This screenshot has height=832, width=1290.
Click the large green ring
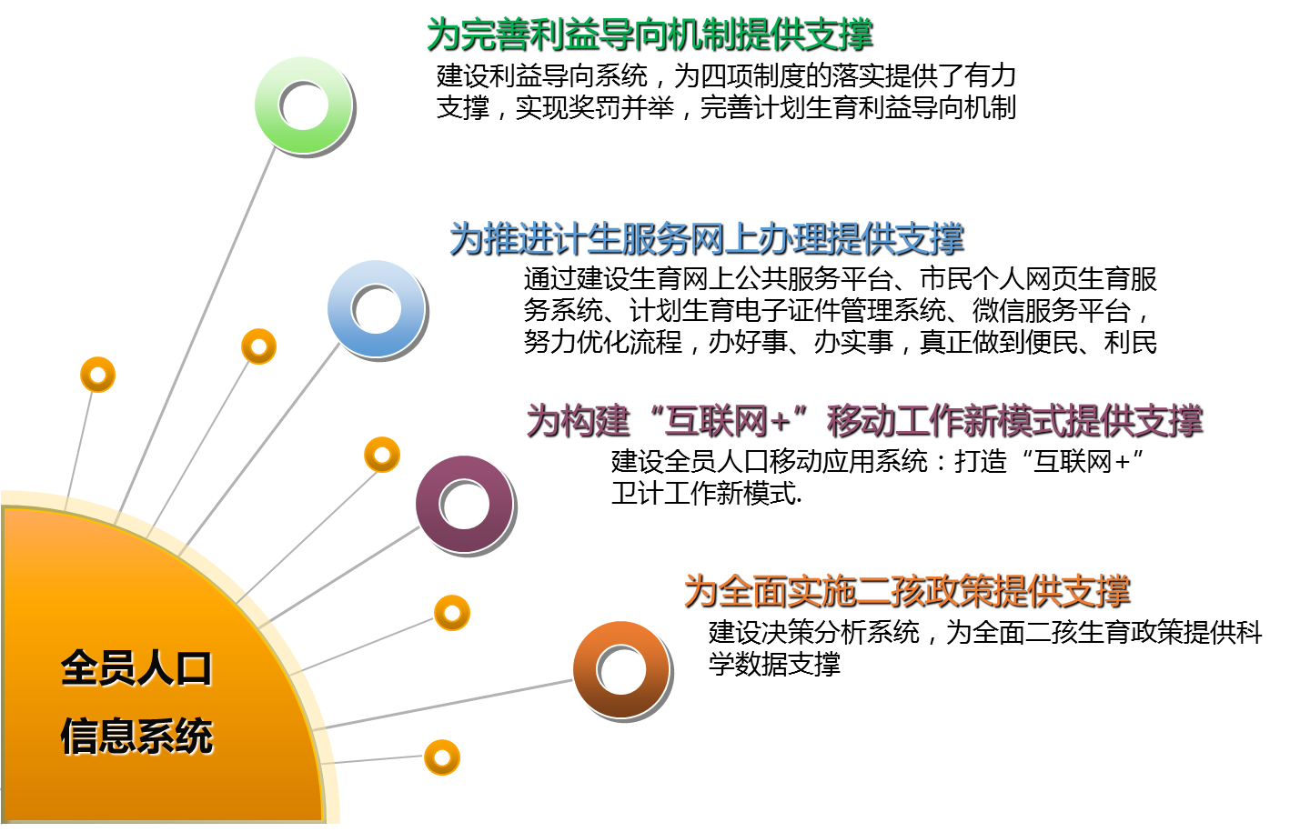tap(303, 105)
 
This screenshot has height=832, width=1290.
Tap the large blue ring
tap(376, 308)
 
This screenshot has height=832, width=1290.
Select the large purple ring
tap(464, 503)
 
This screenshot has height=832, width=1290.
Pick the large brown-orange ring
tap(621, 669)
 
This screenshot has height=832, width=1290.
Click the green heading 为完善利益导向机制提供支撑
tap(650, 35)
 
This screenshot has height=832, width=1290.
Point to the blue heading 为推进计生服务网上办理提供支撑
tap(706, 238)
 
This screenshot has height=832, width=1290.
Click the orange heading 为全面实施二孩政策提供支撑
tap(906, 591)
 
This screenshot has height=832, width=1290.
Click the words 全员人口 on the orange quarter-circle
tap(136, 668)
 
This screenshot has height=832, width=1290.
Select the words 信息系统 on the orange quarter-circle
tap(136, 736)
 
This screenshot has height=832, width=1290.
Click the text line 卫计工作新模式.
tap(706, 494)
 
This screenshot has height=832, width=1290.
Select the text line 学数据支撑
tap(774, 664)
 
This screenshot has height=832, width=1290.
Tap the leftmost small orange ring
tap(97, 374)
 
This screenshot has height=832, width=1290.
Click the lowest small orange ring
tap(442, 757)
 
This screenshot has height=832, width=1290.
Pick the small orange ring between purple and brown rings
tap(452, 613)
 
